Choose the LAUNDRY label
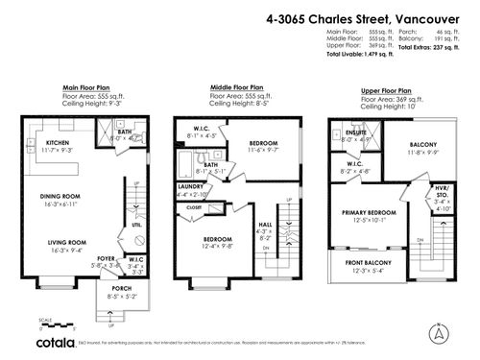click(189, 186)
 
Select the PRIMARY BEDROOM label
click(370, 213)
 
